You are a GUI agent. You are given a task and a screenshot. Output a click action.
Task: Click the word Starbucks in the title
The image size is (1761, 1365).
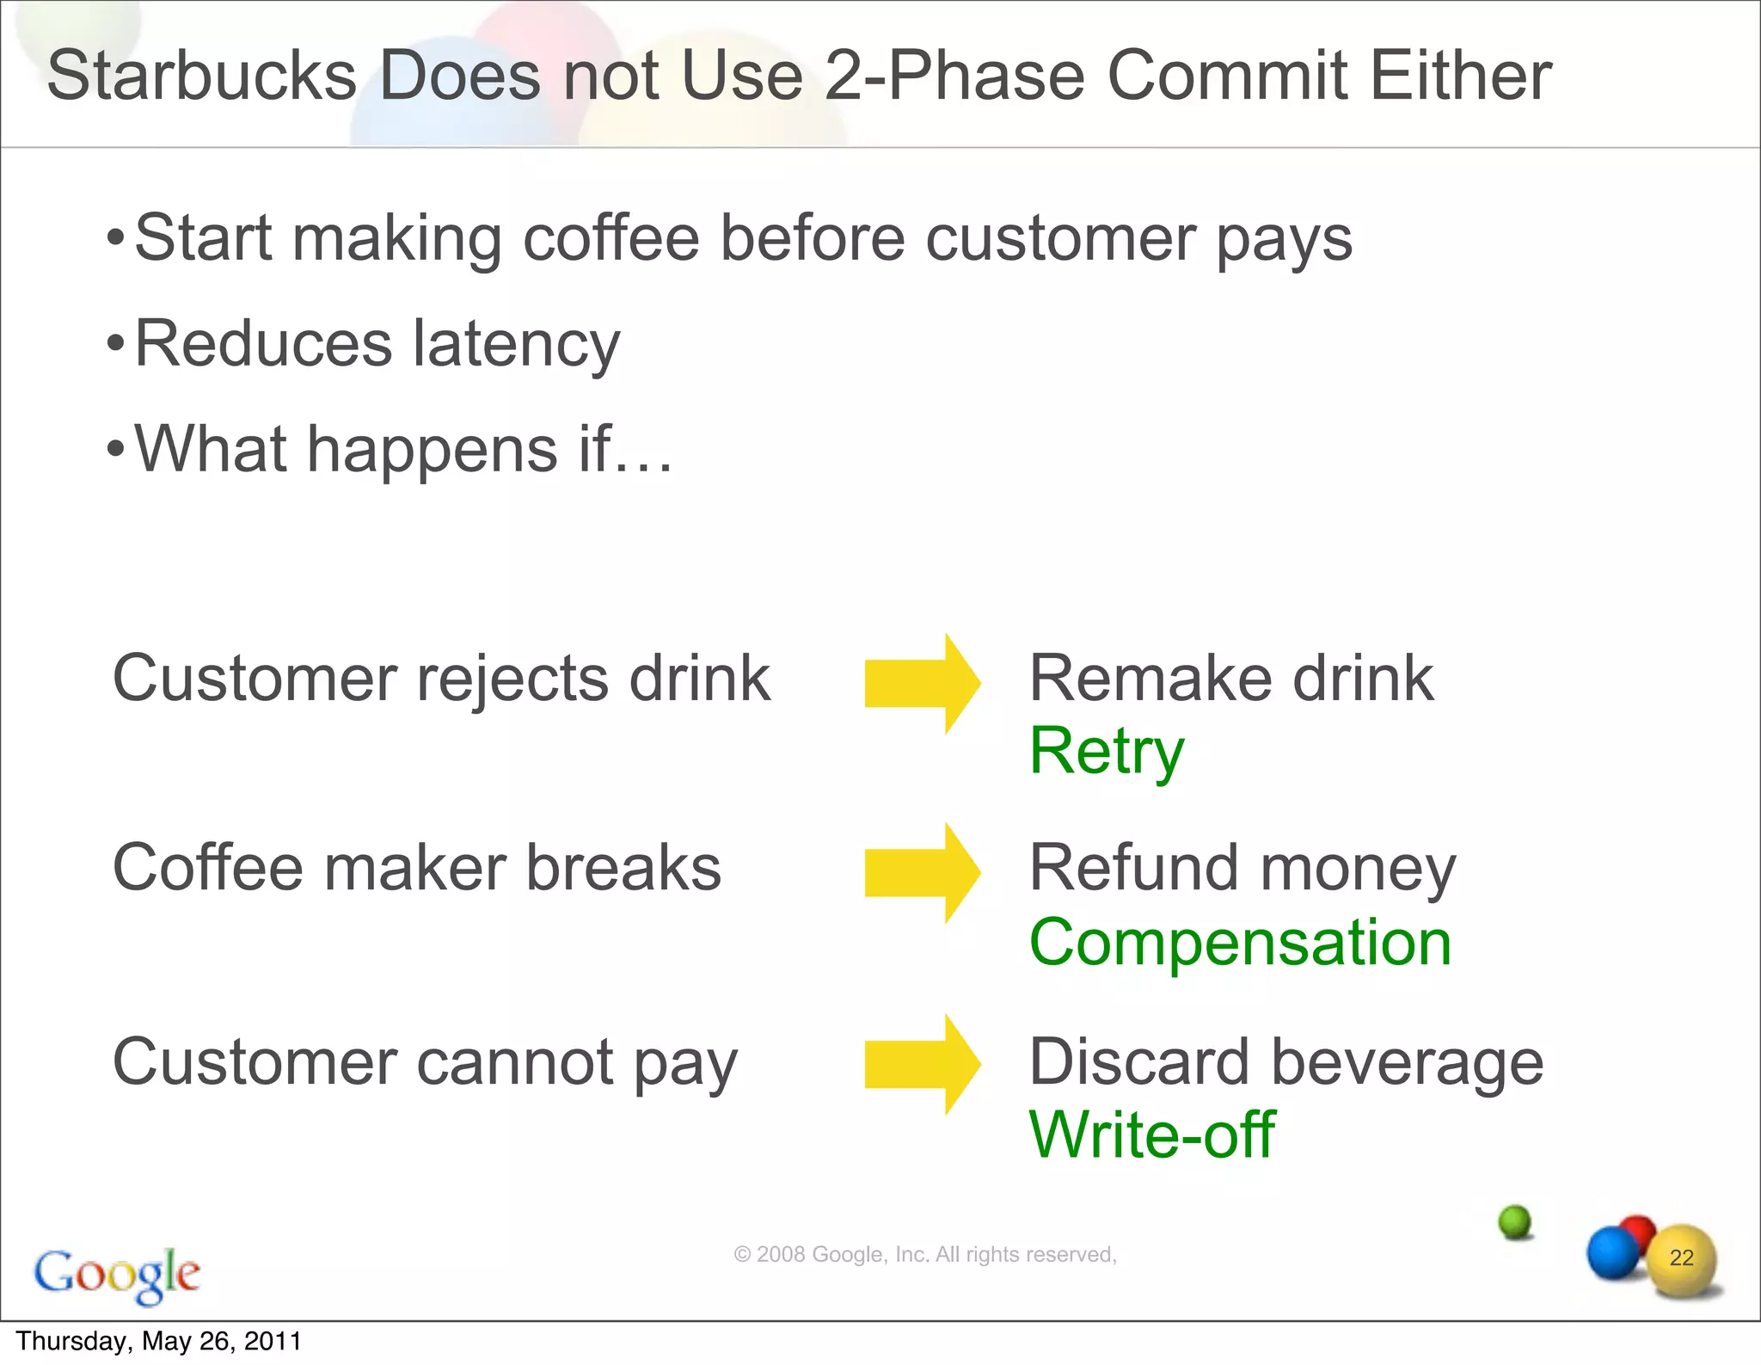point(201,76)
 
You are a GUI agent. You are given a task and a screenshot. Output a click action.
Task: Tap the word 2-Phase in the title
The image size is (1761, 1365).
point(955,76)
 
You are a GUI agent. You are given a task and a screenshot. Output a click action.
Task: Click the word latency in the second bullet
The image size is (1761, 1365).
point(516,344)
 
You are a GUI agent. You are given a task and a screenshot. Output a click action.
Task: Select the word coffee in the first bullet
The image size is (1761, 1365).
point(611,238)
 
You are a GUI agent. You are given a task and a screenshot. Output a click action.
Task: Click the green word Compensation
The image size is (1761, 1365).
point(1240,943)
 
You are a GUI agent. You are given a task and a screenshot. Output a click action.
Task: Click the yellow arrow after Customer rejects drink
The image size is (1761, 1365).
point(922,684)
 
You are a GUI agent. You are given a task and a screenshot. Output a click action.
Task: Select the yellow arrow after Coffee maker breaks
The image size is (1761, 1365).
point(922,873)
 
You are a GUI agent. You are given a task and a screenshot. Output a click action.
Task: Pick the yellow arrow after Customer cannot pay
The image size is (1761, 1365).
point(922,1065)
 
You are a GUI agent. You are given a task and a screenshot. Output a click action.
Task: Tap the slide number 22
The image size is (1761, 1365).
point(1681,1257)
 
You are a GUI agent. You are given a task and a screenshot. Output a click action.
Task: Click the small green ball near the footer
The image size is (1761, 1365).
point(1515,1221)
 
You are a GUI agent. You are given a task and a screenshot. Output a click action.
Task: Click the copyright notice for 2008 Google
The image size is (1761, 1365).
point(924,1255)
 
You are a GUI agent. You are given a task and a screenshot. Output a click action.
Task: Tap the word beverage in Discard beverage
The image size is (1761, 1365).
point(1407,1063)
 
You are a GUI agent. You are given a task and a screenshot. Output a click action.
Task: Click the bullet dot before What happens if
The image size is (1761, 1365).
point(115,449)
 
